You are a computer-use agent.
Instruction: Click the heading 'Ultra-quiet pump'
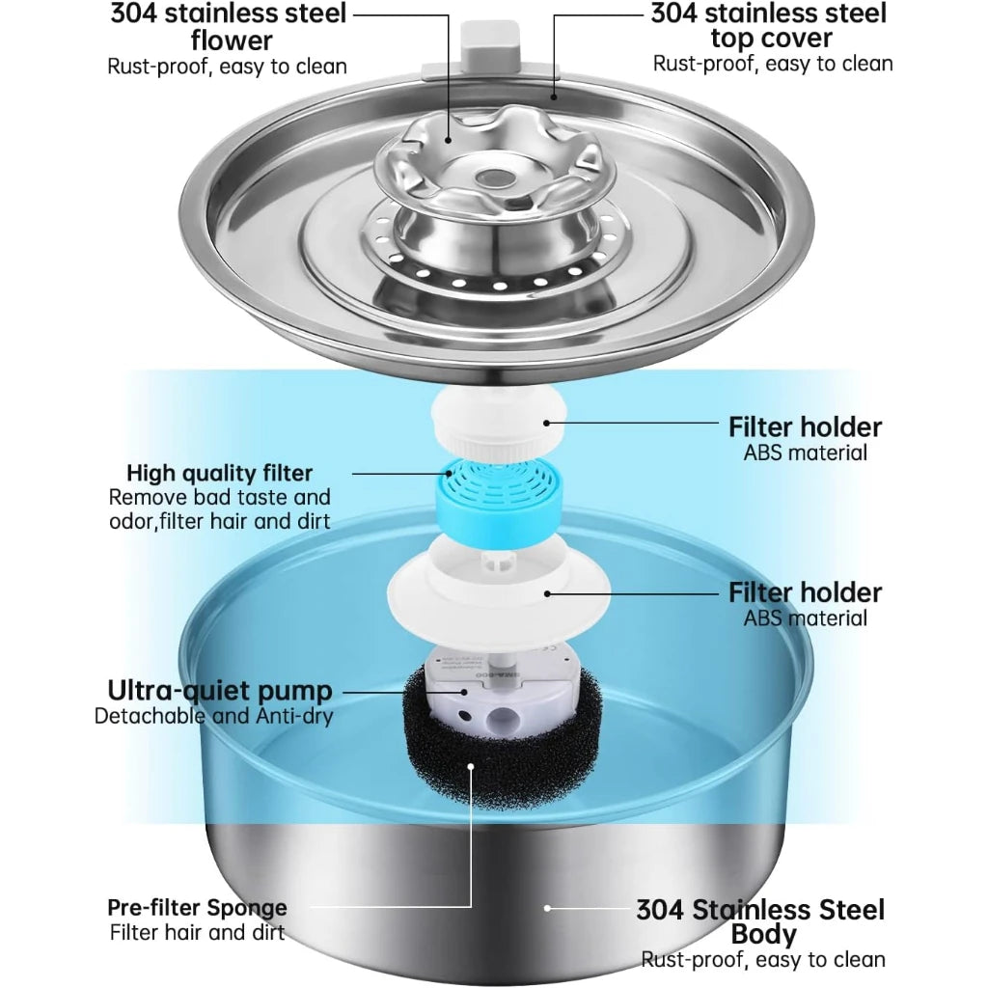(x=220, y=691)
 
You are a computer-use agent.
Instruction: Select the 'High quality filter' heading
(x=220, y=473)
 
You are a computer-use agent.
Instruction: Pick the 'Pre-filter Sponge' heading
(x=197, y=908)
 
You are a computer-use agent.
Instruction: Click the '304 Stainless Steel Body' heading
(x=761, y=921)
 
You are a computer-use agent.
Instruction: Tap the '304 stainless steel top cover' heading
(x=768, y=25)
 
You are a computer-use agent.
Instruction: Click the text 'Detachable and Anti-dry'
(x=213, y=717)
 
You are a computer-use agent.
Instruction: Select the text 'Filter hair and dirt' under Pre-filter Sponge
(x=197, y=933)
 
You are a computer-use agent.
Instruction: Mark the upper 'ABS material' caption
(x=805, y=453)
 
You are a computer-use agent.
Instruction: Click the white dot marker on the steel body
(x=547, y=908)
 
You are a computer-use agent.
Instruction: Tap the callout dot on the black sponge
(x=471, y=766)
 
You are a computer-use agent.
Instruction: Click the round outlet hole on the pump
(x=503, y=718)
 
